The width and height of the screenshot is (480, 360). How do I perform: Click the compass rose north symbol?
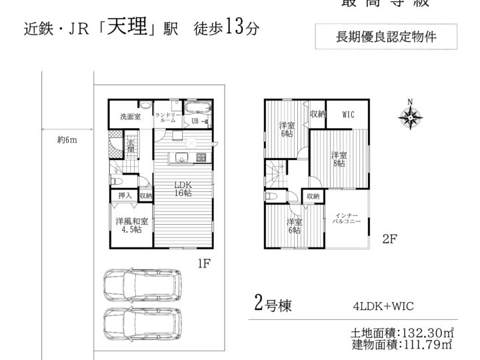click(410, 117)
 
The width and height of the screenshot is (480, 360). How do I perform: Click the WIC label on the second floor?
click(348, 115)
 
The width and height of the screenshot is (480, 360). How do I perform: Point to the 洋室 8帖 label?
click(339, 158)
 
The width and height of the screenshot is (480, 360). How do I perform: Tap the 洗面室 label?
click(130, 117)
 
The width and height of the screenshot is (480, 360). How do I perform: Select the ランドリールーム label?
click(165, 117)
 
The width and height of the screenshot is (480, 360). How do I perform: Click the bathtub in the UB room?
click(197, 109)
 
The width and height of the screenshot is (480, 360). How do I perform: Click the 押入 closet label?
click(124, 196)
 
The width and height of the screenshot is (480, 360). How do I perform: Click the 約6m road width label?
click(67, 140)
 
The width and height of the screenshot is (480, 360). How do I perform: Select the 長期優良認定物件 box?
click(387, 37)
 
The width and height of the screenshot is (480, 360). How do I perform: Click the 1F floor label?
click(204, 263)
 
